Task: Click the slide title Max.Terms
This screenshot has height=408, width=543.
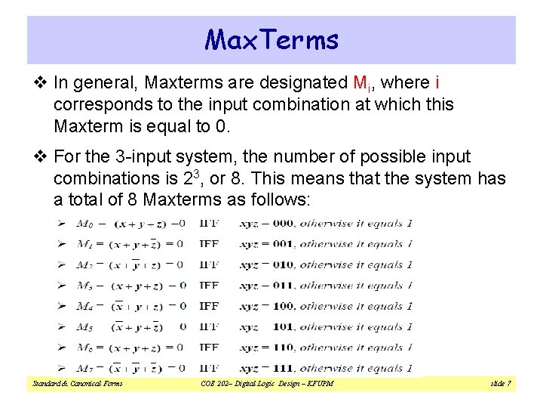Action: tap(271, 39)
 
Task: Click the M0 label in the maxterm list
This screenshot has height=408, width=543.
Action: tap(87, 224)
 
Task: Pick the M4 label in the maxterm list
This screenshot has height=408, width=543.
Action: tap(86, 306)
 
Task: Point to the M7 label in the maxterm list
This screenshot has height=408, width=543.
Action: tap(86, 368)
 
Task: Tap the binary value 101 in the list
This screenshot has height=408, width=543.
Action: tap(282, 327)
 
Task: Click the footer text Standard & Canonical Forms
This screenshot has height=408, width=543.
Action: tap(78, 384)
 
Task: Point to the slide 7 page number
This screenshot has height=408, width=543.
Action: tap(500, 384)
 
